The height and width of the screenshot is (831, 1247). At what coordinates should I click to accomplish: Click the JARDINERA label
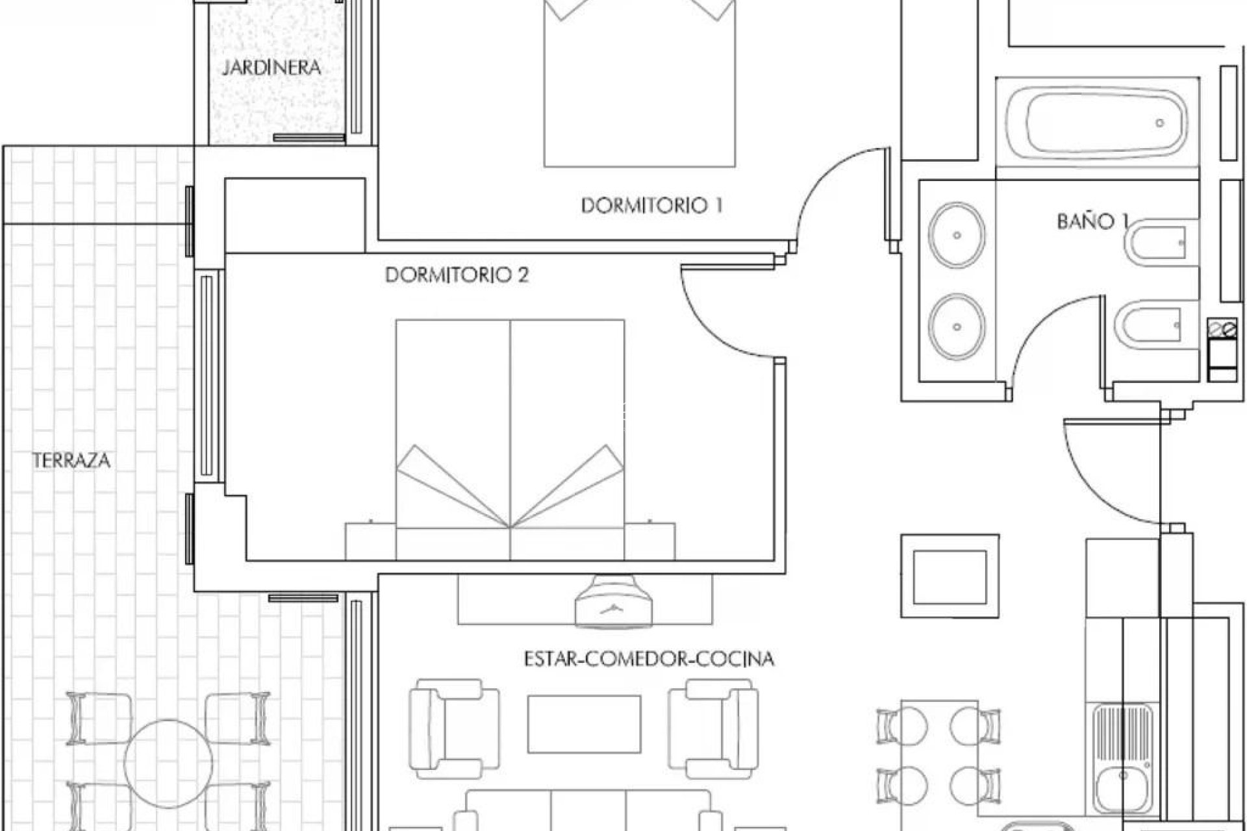[271, 68]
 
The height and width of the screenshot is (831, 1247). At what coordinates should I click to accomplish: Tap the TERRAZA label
[71, 461]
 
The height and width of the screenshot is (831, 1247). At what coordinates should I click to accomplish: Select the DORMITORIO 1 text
[651, 206]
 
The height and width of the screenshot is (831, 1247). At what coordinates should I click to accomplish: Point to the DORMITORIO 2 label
[457, 275]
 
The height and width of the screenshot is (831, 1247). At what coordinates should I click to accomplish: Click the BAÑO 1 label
[1091, 221]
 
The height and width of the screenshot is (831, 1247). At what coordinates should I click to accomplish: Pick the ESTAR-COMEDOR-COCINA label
[649, 659]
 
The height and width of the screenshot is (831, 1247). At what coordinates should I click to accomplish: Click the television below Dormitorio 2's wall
[613, 601]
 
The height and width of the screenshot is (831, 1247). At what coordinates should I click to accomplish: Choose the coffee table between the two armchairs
[584, 724]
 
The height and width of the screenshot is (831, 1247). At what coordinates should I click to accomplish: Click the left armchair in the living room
[454, 728]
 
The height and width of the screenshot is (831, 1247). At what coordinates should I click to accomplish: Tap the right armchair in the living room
[713, 728]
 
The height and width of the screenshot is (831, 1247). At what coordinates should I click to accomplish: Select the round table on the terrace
[169, 760]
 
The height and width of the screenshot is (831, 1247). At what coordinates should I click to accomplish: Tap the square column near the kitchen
[950, 576]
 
